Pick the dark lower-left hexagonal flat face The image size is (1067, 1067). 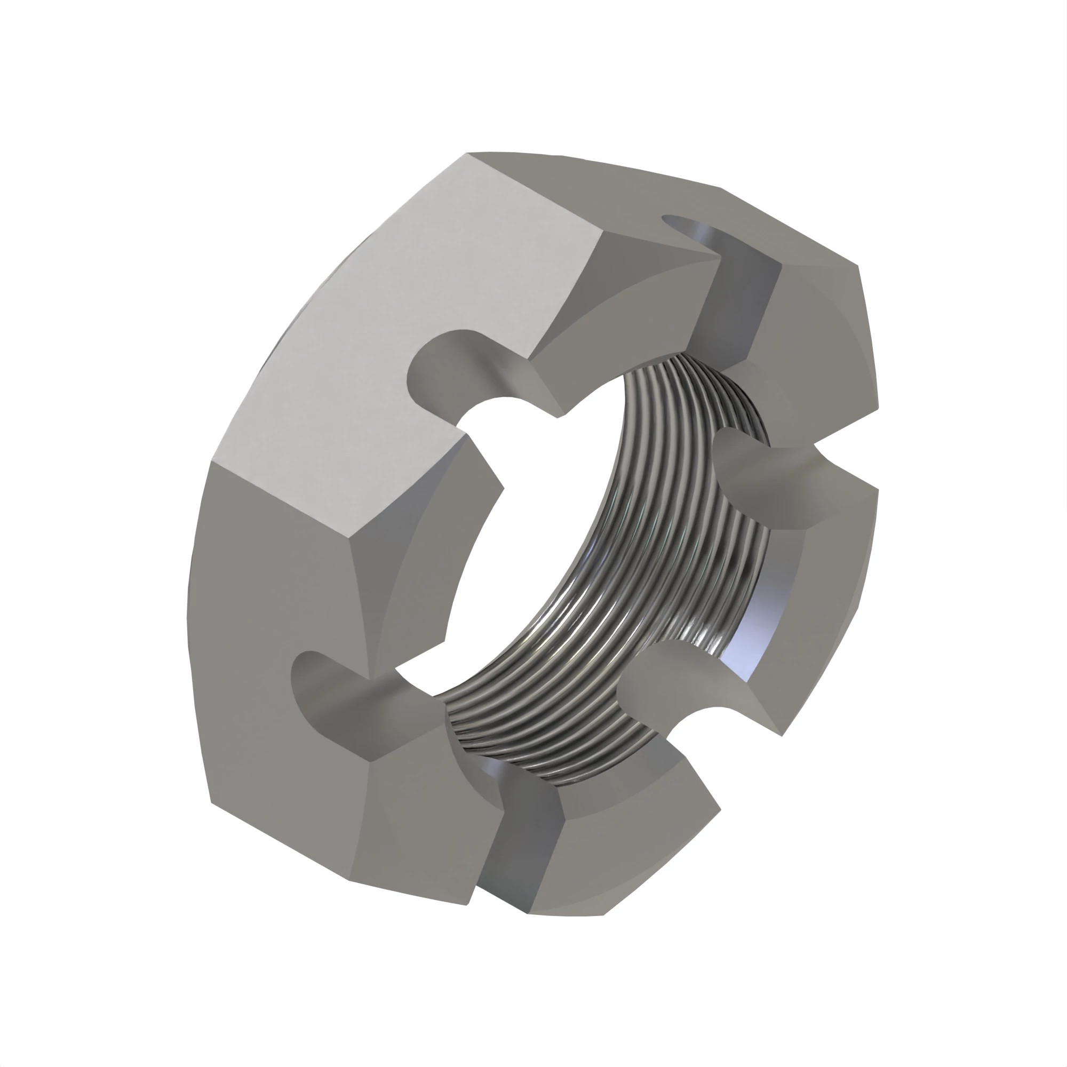click(276, 663)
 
